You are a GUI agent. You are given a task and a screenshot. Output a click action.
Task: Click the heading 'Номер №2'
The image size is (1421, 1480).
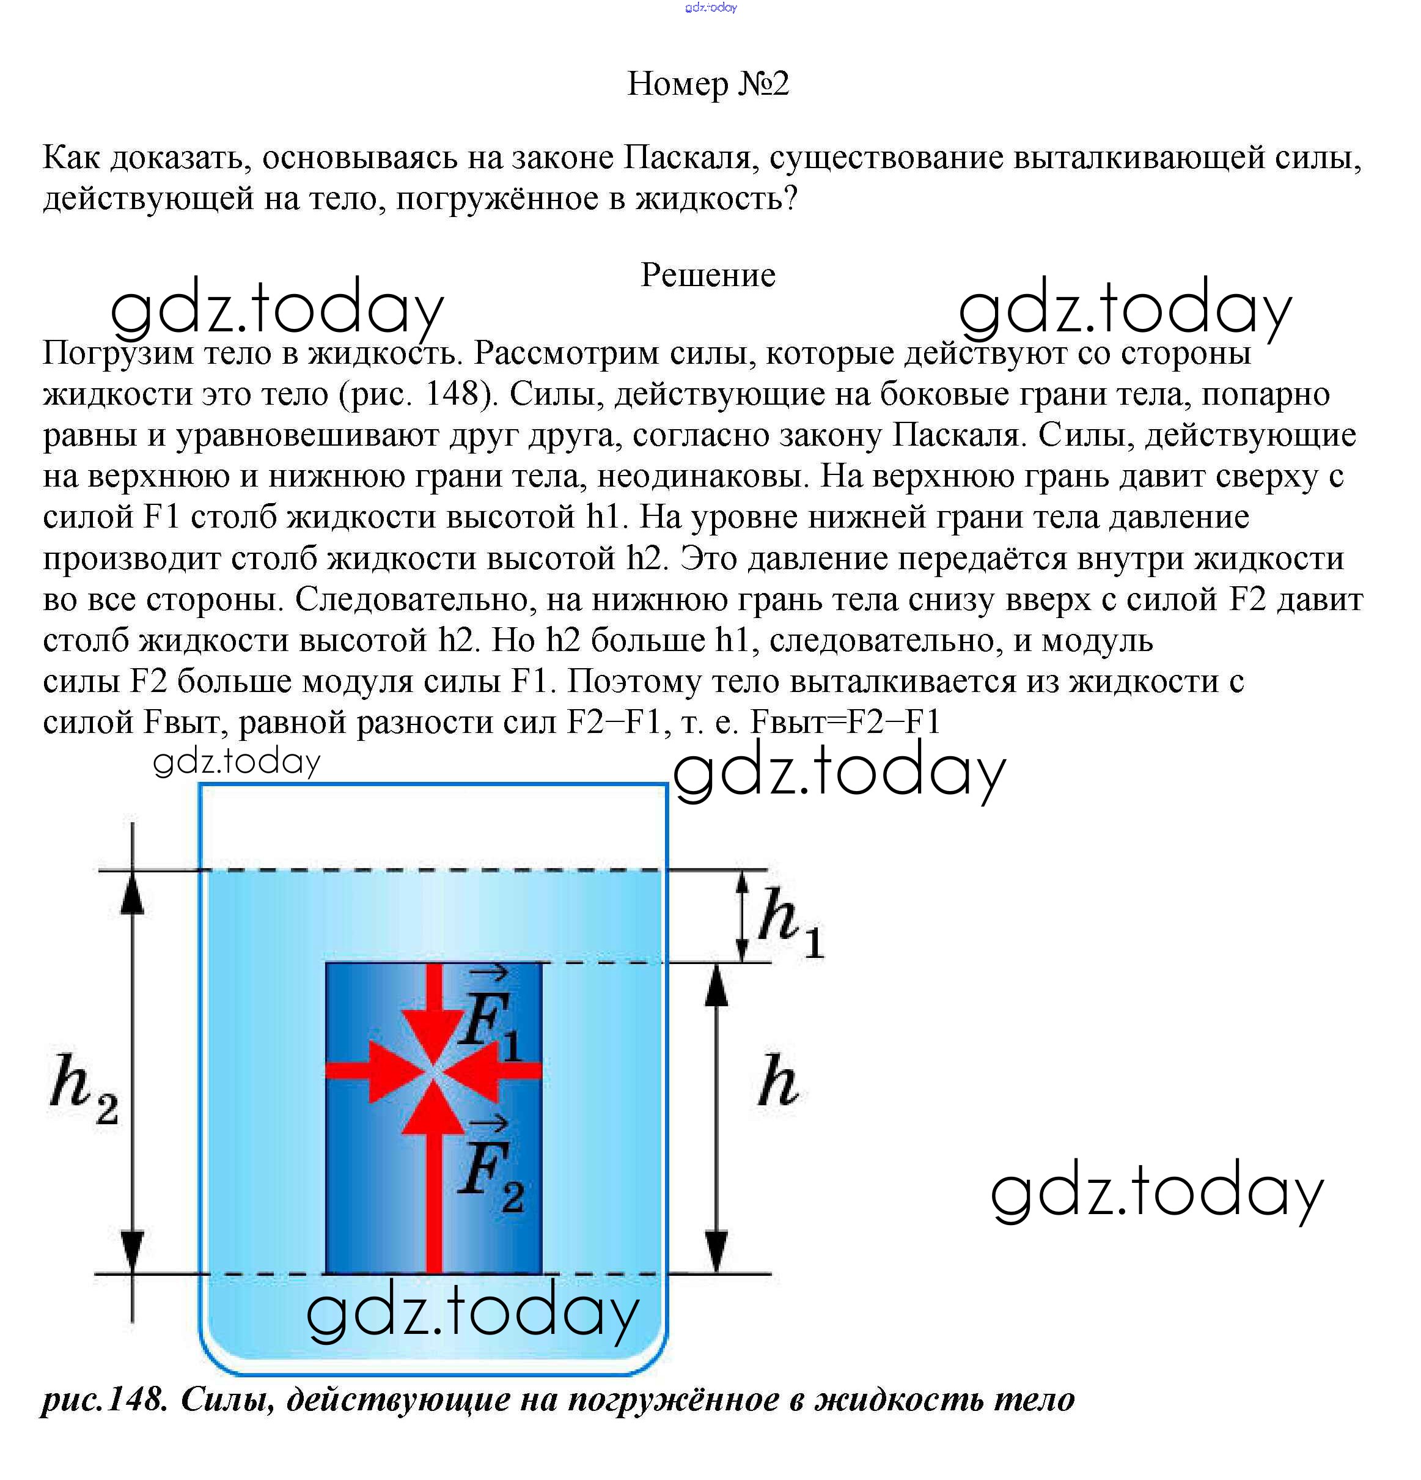click(x=708, y=84)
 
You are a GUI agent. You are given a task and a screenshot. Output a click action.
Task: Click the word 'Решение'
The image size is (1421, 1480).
click(x=708, y=276)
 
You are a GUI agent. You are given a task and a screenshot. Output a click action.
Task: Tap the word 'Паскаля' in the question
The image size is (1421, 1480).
click(x=687, y=158)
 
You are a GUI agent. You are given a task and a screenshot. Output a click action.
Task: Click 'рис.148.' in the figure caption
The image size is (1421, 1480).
click(x=104, y=1399)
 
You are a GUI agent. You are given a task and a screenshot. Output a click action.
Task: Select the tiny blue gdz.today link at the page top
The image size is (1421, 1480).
click(x=710, y=7)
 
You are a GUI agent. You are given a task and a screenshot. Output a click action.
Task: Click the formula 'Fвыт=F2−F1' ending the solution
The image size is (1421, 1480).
click(x=846, y=723)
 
